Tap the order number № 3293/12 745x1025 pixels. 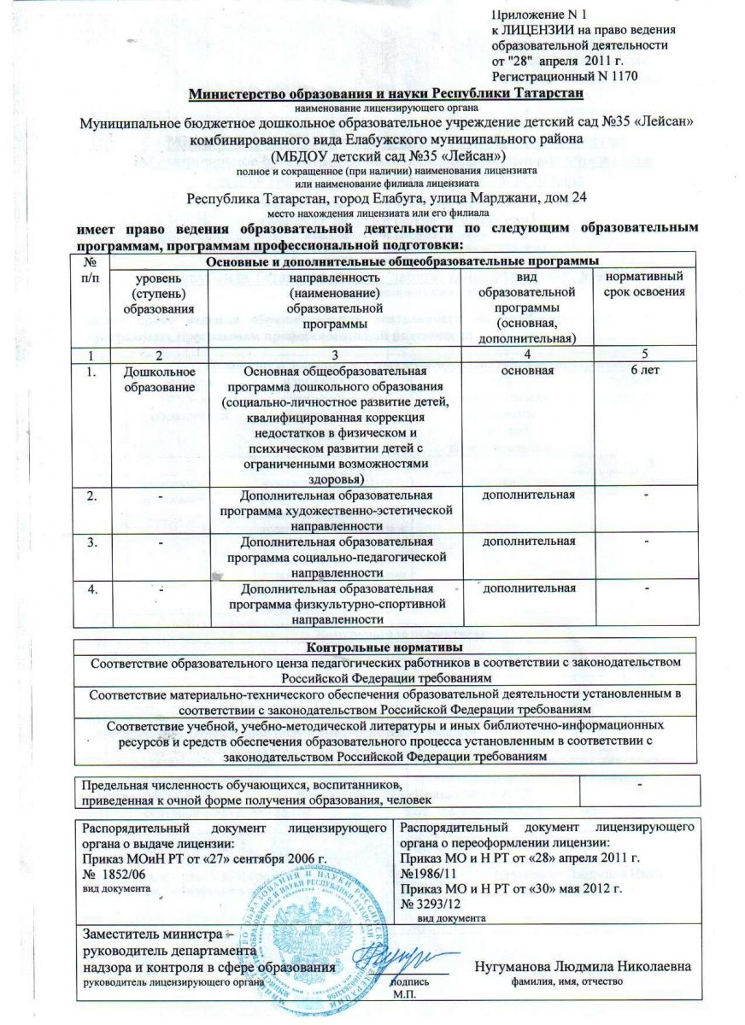tap(437, 905)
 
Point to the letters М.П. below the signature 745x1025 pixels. tap(402, 995)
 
